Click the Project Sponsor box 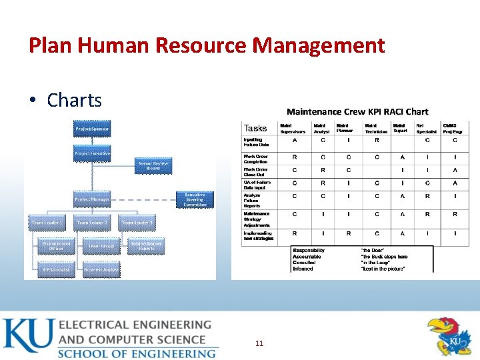(92, 129)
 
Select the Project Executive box (92, 154)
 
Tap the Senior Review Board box (153, 166)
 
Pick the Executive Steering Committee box (195, 199)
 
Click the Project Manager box (92, 199)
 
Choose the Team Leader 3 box (137, 223)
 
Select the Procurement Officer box (52, 246)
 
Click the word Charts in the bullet (74, 100)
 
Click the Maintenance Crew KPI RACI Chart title (357, 111)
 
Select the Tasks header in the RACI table (255, 128)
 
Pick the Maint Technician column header (375, 128)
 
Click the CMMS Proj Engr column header (453, 128)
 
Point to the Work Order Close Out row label (255, 172)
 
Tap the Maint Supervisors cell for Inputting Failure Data (294, 141)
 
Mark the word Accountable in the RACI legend (307, 257)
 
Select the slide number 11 (259, 343)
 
